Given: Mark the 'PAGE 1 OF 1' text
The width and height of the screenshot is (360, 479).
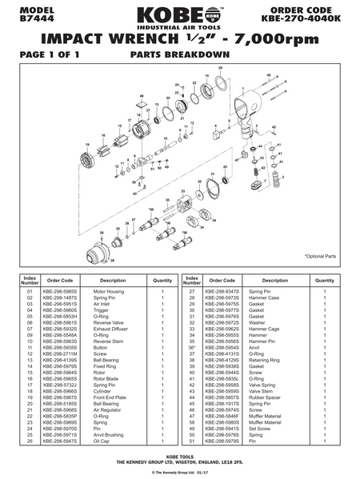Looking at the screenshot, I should (x=40, y=57).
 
